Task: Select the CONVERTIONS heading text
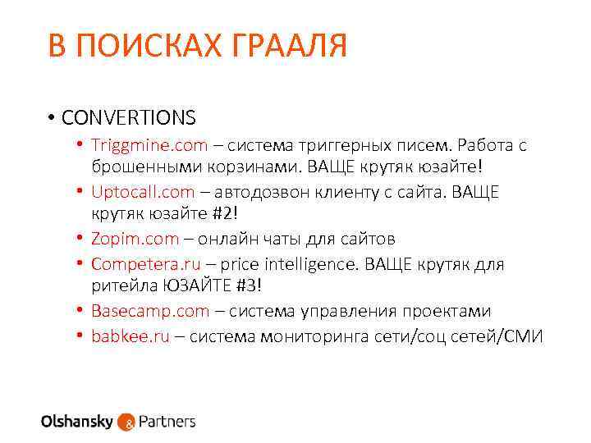coord(128,117)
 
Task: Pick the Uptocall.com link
coord(143,192)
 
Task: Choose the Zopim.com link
coord(135,239)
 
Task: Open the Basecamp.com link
coord(150,311)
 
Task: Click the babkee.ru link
coord(130,336)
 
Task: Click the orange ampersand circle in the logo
coord(126,422)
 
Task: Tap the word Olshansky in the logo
coord(77,422)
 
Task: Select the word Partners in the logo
coord(167,422)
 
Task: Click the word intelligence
coord(314,264)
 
